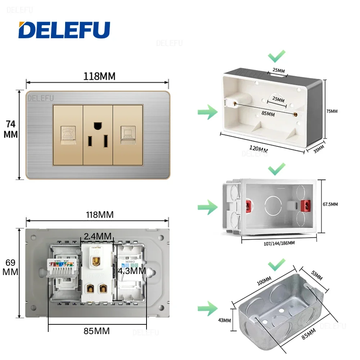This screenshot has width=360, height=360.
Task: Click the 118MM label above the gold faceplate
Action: pyautogui.click(x=99, y=76)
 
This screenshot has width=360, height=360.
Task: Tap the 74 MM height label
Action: pyautogui.click(x=11, y=129)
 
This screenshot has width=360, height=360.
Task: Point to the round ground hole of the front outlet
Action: pyautogui.click(x=98, y=126)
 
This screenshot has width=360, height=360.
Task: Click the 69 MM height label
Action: pyautogui.click(x=10, y=267)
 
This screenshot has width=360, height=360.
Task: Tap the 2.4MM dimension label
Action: pyautogui.click(x=97, y=237)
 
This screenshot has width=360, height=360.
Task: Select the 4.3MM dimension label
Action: pyautogui.click(x=132, y=271)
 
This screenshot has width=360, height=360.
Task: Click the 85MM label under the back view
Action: pyautogui.click(x=97, y=330)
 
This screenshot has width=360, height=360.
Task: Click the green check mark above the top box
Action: pyautogui.click(x=276, y=56)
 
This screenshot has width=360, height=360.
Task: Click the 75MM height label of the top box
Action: pyautogui.click(x=332, y=111)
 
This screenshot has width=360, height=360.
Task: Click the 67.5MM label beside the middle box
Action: pyautogui.click(x=330, y=204)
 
